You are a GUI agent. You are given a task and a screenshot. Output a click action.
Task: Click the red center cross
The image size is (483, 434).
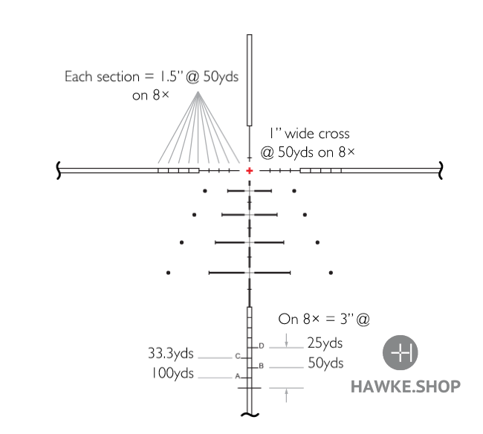[250, 170]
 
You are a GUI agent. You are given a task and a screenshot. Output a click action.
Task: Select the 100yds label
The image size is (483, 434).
[172, 373]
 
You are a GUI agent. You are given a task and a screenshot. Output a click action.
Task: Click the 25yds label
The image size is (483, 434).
[325, 343]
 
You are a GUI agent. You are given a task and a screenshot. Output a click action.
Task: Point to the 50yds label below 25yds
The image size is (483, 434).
[325, 363]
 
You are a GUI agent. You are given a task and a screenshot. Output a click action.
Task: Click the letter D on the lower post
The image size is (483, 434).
[262, 346]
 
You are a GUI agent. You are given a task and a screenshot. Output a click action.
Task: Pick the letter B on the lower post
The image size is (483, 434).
[262, 366]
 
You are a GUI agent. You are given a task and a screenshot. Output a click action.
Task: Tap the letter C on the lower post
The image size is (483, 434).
[238, 357]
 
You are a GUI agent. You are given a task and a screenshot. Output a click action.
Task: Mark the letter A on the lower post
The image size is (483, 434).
[238, 377]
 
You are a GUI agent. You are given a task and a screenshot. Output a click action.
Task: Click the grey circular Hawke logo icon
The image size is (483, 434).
[401, 353]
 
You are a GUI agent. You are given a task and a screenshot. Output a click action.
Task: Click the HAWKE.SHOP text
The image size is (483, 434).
[405, 386]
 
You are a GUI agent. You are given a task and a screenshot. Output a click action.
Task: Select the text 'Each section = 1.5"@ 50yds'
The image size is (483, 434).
[152, 77]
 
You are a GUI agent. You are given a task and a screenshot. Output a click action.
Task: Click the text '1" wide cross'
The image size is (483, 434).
[309, 134]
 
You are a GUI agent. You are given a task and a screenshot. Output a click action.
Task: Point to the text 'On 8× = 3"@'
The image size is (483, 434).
[324, 320]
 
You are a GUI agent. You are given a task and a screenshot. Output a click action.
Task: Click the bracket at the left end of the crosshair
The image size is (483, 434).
[59, 170]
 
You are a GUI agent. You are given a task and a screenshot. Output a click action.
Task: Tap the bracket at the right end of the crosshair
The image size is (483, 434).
[441, 170]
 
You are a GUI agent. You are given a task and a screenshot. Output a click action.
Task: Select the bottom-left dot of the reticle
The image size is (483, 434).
[169, 273]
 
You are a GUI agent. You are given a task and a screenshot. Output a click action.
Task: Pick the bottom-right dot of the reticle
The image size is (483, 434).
[330, 273]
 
